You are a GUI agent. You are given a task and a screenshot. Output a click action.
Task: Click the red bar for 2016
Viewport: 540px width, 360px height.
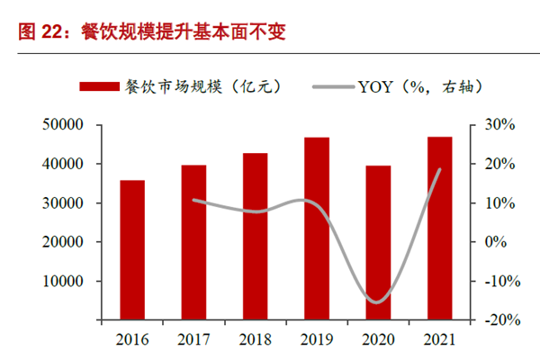[x=133, y=250]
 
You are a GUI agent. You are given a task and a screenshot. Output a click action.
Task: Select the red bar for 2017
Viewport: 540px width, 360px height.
[x=193, y=242]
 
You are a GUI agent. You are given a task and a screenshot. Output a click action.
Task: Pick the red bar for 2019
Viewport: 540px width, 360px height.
[x=317, y=229]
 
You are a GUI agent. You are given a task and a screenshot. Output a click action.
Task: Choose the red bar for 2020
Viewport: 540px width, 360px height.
[x=378, y=242]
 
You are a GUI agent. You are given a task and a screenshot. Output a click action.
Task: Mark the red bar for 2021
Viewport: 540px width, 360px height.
[x=439, y=228]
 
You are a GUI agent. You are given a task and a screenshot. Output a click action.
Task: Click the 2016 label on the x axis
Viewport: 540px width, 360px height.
[x=133, y=339]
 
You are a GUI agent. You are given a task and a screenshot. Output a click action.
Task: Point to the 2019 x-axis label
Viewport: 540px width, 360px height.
[x=317, y=339]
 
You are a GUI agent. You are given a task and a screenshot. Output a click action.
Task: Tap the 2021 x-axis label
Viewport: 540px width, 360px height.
[x=439, y=339]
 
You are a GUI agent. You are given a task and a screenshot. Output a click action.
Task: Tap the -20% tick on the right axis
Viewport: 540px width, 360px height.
[x=499, y=319]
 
